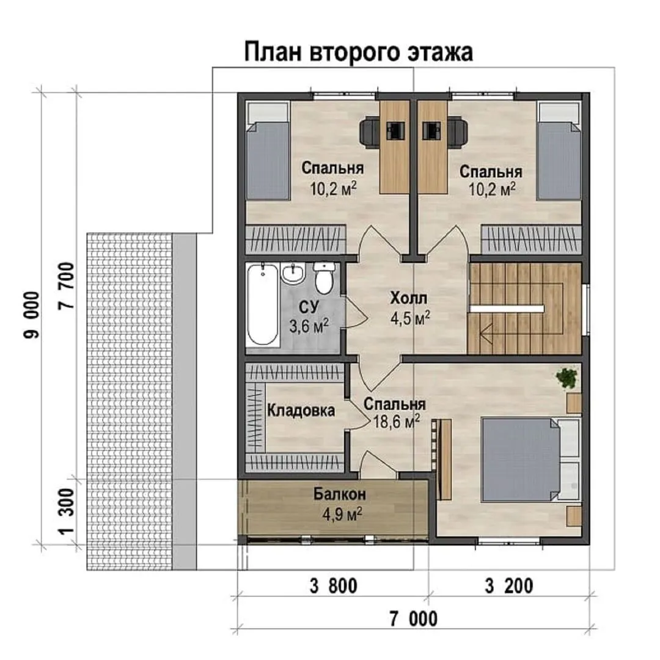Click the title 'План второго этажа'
(358, 53)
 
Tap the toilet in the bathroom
(324, 278)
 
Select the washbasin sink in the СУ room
(293, 274)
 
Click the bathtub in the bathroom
(263, 305)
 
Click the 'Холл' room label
(408, 298)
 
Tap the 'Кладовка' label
(301, 411)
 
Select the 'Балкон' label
(340, 494)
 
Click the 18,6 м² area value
(396, 422)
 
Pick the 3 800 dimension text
(334, 586)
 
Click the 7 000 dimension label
(413, 618)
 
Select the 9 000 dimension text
(32, 315)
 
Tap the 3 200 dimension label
(509, 586)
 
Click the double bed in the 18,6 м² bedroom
(531, 459)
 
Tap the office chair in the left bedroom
(370, 132)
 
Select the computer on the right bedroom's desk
(431, 131)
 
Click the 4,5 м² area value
(410, 318)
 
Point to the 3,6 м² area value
(309, 326)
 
